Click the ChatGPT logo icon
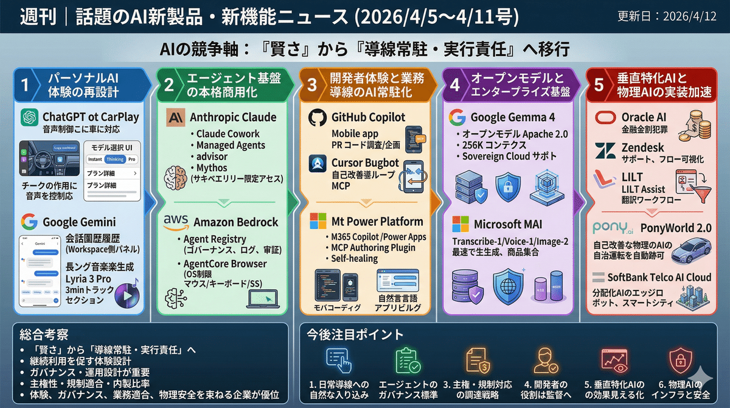[29, 117]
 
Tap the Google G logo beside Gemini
[29, 221]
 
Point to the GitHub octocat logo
[318, 118]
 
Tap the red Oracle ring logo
[606, 117]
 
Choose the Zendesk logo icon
[606, 149]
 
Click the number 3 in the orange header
[312, 85]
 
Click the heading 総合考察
[43, 334]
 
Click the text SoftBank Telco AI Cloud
[659, 277]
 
